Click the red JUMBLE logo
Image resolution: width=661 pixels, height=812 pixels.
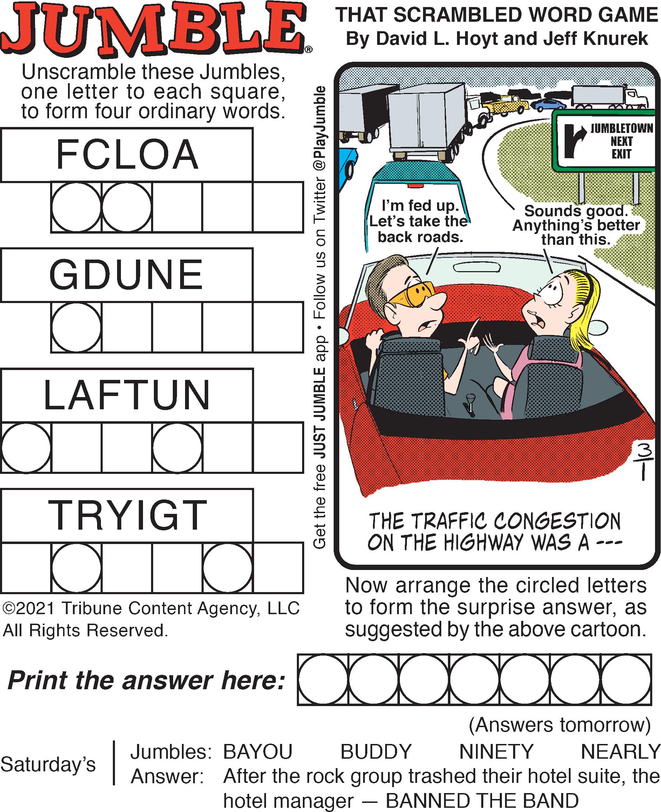pos(154,28)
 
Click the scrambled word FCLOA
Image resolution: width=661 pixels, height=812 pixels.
pos(127,155)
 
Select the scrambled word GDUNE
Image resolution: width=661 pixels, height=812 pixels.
pos(126,275)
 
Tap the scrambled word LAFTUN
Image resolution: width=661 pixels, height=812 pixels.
pos(127,395)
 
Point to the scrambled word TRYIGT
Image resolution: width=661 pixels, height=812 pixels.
pos(128,515)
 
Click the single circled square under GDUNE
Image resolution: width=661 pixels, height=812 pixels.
pos(76,327)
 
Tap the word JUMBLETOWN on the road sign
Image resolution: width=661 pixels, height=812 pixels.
pos(621,128)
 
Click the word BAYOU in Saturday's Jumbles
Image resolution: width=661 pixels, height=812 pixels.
pos(257,752)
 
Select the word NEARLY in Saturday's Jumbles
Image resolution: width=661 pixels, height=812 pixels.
pos(620,752)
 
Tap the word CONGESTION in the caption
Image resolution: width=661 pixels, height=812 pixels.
pos(558,522)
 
